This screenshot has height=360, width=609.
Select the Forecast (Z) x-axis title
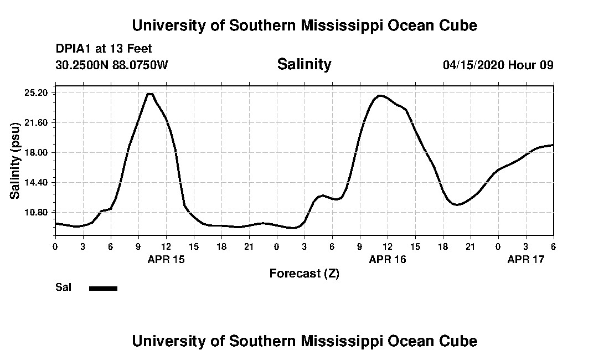(304, 274)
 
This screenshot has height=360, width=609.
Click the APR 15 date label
(166, 259)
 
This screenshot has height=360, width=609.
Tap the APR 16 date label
(387, 259)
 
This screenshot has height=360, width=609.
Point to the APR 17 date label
(525, 259)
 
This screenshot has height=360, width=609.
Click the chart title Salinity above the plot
(304, 64)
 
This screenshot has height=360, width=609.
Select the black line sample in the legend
(103, 288)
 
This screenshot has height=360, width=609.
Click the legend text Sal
(64, 287)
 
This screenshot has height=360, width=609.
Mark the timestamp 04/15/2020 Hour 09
(498, 65)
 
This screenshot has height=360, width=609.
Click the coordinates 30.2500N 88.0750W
(111, 65)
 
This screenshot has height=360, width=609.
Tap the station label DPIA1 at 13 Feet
(104, 49)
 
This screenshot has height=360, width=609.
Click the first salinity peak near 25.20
(149, 94)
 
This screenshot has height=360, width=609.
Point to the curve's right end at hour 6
(553, 145)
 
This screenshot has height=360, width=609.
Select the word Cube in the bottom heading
(461, 341)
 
